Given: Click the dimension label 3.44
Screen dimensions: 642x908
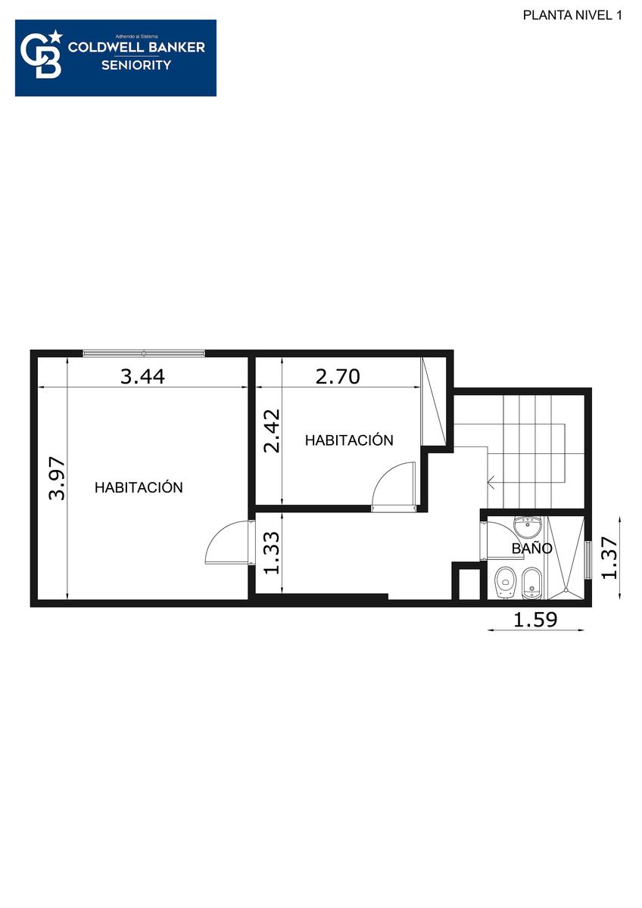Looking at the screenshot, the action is pyautogui.click(x=143, y=377).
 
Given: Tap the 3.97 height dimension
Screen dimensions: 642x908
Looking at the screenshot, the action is pyautogui.click(x=57, y=479).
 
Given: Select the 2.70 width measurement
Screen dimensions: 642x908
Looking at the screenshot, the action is pyautogui.click(x=338, y=377).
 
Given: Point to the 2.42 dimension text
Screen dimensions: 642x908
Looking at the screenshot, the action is pyautogui.click(x=272, y=431).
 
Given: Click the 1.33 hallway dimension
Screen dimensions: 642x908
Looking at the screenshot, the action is pyautogui.click(x=272, y=552).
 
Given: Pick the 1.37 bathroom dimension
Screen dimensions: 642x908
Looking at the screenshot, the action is pyautogui.click(x=609, y=558).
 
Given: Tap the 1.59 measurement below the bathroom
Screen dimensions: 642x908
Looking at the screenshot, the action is pyautogui.click(x=535, y=620).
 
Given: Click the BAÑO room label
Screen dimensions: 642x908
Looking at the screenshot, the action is pyautogui.click(x=531, y=549).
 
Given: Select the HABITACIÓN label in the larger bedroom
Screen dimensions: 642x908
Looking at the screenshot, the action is pyautogui.click(x=139, y=487).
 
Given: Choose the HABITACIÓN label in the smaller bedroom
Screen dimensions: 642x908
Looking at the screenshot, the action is pyautogui.click(x=349, y=440).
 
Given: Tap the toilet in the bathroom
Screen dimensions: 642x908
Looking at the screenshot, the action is pyautogui.click(x=505, y=583).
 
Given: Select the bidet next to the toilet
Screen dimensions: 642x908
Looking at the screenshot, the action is pyautogui.click(x=531, y=583).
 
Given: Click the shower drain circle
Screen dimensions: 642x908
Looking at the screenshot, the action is pyautogui.click(x=566, y=592).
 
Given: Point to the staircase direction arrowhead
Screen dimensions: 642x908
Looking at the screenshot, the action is pyautogui.click(x=491, y=482).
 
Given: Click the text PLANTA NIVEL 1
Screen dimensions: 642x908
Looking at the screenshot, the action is pyautogui.click(x=572, y=15).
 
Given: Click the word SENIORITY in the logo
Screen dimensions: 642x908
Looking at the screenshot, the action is pyautogui.click(x=136, y=65).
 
